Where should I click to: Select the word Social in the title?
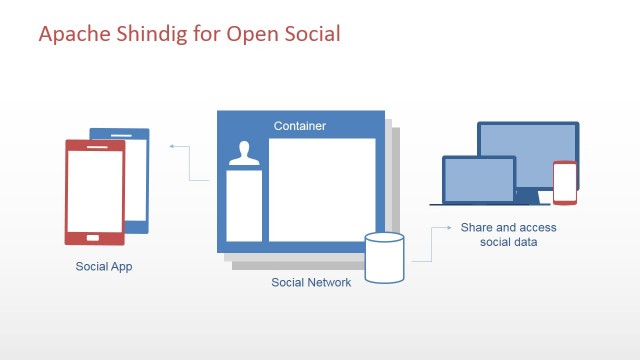(310, 34)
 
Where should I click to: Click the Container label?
(300, 126)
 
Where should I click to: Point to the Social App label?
(104, 267)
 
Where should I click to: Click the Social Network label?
(311, 283)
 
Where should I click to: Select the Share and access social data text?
(508, 235)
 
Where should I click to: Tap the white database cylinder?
(385, 258)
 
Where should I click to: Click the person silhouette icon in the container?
(243, 153)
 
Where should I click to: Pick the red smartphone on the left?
(95, 190)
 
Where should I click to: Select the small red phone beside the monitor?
(565, 182)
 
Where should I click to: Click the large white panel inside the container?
(321, 189)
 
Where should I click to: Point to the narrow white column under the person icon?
(243, 206)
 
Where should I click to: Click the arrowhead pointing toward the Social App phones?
(173, 146)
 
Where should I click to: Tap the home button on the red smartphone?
(95, 238)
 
